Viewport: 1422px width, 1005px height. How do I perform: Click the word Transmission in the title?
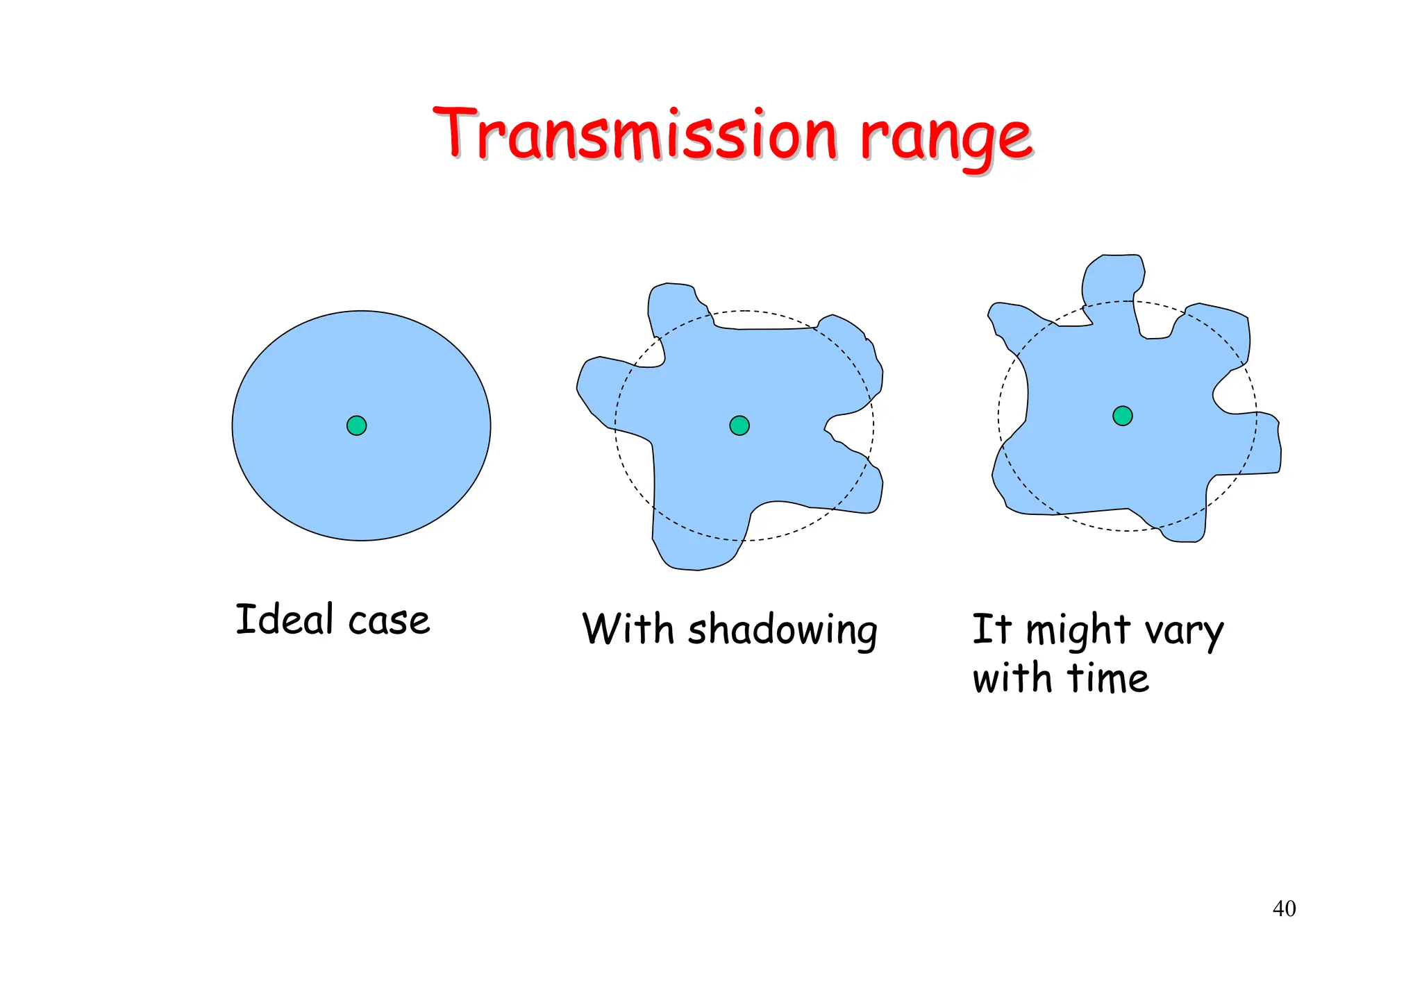click(x=635, y=133)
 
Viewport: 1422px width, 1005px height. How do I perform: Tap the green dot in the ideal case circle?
click(x=356, y=425)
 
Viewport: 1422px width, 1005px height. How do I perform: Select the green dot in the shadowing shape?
click(x=739, y=425)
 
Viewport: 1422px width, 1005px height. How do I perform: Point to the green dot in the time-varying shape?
click(x=1123, y=416)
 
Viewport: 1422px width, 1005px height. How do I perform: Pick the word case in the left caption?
click(x=389, y=621)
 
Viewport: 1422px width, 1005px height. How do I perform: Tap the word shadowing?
click(x=783, y=632)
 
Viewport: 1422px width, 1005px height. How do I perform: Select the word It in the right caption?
click(x=991, y=629)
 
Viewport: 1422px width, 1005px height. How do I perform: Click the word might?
click(x=1078, y=632)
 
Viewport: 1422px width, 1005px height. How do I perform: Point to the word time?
click(x=1107, y=678)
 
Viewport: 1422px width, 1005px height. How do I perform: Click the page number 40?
click(x=1284, y=909)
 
